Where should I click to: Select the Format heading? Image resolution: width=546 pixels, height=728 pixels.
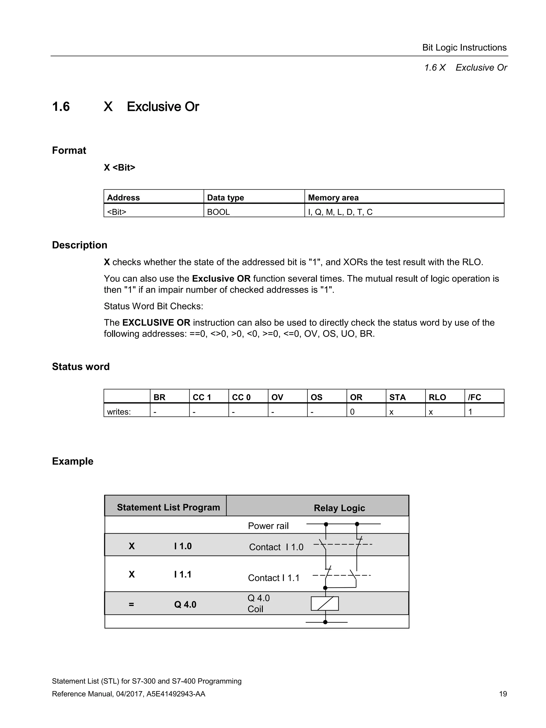[69, 150]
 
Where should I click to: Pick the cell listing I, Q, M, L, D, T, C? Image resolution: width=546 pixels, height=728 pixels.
[340, 212]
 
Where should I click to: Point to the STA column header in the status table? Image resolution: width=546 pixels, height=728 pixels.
[397, 397]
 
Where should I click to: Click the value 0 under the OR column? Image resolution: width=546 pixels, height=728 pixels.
[352, 412]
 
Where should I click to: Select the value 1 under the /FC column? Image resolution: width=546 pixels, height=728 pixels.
[470, 412]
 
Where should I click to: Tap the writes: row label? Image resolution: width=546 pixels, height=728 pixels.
[119, 412]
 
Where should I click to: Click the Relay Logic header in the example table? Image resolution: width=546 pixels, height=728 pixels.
[339, 508]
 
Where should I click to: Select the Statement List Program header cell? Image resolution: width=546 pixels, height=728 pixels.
[168, 507]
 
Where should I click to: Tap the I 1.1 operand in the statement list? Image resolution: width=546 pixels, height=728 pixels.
[183, 574]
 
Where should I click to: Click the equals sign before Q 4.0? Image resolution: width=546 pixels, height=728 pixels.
[131, 604]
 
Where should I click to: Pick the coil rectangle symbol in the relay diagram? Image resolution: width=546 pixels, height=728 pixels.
[324, 604]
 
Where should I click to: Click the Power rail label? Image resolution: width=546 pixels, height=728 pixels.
[268, 526]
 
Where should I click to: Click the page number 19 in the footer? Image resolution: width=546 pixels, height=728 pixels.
[503, 694]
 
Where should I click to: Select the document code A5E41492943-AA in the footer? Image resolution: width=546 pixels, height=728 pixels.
[176, 694]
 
